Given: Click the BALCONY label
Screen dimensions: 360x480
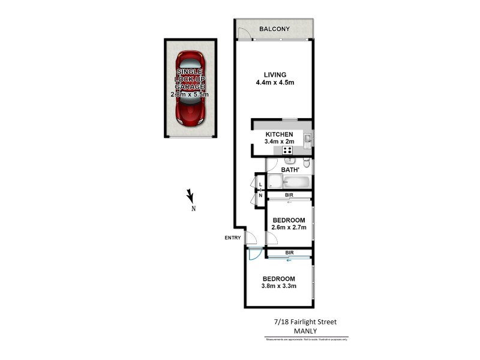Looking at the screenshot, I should (274, 29).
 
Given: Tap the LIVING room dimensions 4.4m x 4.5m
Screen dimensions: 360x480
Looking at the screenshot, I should (274, 83).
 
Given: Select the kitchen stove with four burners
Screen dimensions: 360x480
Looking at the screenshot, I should (287, 151).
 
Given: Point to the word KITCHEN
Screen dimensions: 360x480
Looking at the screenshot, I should (279, 134).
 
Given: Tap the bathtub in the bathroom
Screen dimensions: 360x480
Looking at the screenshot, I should (296, 182).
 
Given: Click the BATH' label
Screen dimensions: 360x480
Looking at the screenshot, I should (289, 170).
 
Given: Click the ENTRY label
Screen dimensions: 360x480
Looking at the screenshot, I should (233, 238).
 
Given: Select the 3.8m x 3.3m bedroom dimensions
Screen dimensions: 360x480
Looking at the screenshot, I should (278, 286).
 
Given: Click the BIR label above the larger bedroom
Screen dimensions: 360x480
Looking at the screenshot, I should (289, 253).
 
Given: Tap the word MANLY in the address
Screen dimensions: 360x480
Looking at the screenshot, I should (306, 331).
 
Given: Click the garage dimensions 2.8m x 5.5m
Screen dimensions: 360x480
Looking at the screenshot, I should (190, 94).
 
